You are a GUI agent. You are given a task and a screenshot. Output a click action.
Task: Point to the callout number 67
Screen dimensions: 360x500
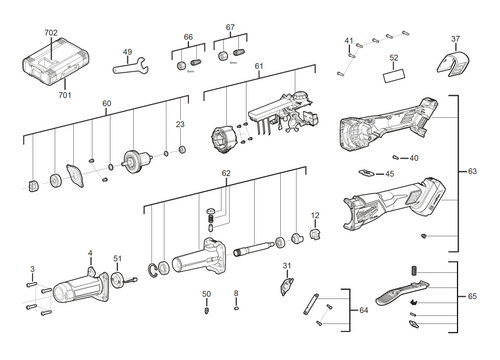(x=230, y=27)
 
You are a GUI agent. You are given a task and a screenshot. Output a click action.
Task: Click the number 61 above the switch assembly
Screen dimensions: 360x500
(x=258, y=66)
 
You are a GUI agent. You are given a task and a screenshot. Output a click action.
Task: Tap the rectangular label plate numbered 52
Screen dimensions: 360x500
(x=394, y=74)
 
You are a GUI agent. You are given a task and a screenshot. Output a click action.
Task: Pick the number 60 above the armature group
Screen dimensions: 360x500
(x=106, y=103)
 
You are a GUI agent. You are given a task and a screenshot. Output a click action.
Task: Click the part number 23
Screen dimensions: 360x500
(x=180, y=124)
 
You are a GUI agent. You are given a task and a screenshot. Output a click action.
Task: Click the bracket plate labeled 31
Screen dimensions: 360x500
(x=287, y=285)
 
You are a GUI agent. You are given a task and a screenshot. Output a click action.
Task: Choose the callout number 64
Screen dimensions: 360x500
(x=362, y=310)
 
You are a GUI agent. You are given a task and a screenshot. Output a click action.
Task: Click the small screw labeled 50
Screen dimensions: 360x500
(x=206, y=310)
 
